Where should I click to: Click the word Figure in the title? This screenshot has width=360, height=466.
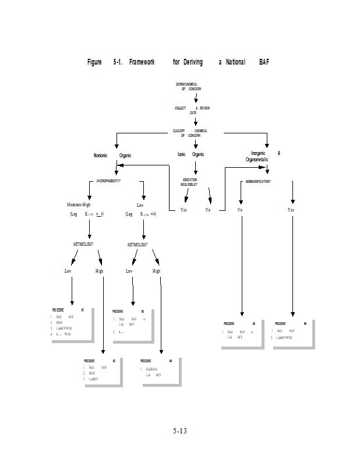[x=94, y=62]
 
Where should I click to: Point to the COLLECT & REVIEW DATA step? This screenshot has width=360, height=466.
[x=192, y=110]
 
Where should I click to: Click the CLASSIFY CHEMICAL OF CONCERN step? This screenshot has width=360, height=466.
[x=190, y=133]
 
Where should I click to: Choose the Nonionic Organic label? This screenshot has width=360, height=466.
[x=112, y=156]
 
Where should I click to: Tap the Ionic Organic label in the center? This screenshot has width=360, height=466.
[x=190, y=154]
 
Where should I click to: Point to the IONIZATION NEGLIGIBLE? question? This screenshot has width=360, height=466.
[x=189, y=182]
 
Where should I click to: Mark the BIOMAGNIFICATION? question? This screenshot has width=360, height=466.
[x=258, y=182]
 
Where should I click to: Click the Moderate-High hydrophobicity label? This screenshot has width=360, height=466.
[x=79, y=205]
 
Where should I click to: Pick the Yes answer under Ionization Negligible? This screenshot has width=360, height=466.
[x=183, y=210]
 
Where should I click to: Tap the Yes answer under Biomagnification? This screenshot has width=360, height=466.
[x=291, y=210]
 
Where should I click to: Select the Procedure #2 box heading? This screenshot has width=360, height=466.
[x=99, y=361]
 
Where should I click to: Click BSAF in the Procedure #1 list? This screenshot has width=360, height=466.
[x=59, y=322]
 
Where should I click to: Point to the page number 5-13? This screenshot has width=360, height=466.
[x=179, y=431]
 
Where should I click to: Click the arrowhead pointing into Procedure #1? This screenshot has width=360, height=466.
[x=72, y=302]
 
